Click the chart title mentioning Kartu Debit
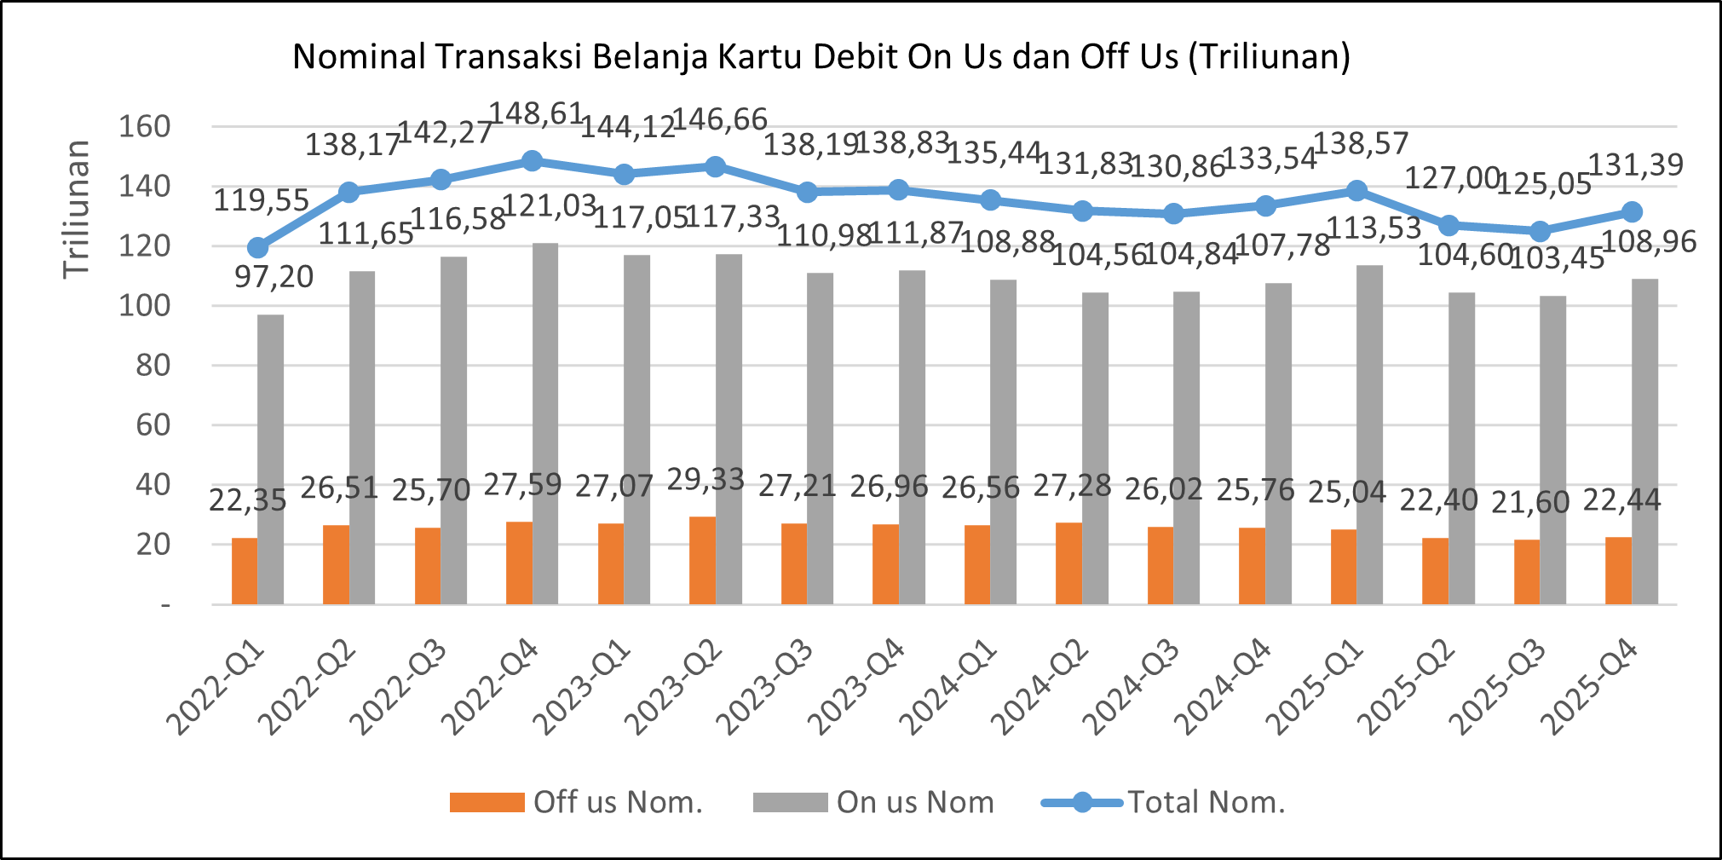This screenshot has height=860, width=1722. [821, 56]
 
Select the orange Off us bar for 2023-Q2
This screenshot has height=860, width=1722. [702, 560]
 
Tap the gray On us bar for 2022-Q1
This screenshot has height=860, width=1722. [271, 459]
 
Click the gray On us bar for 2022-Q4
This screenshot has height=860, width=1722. [545, 424]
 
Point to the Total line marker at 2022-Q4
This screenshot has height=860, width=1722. [532, 161]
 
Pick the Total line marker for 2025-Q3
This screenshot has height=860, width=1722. [1540, 232]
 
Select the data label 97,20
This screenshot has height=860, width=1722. [274, 277]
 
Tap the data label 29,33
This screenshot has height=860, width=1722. [706, 480]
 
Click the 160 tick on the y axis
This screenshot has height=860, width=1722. [144, 127]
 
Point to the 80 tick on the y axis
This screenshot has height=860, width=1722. [153, 366]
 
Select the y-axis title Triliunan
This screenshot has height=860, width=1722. [77, 209]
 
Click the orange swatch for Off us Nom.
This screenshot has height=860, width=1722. [487, 802]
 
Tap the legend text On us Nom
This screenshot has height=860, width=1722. [915, 802]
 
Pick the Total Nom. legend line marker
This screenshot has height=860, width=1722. [1082, 802]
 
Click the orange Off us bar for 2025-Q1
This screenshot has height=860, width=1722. [1343, 567]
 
